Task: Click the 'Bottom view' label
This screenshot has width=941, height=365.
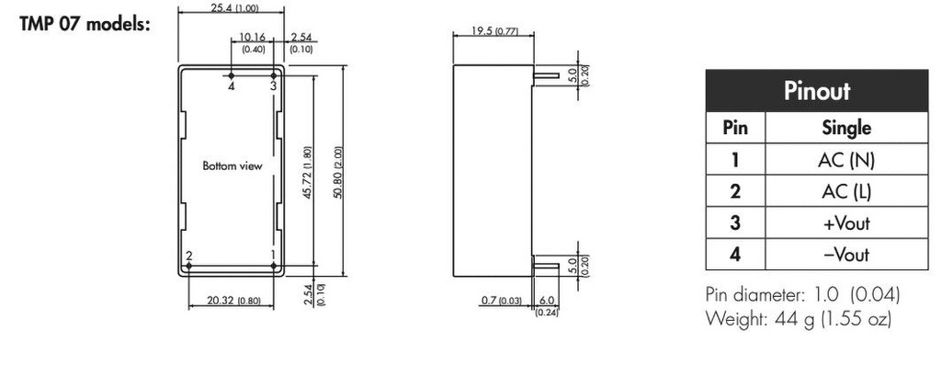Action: [232, 166]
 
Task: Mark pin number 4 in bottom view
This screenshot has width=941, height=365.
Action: [232, 86]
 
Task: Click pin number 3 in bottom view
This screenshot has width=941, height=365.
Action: [273, 86]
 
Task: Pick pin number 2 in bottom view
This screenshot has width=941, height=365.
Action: [188, 256]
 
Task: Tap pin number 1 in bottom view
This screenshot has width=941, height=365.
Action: [273, 256]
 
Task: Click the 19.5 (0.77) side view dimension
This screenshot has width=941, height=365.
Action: [494, 32]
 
